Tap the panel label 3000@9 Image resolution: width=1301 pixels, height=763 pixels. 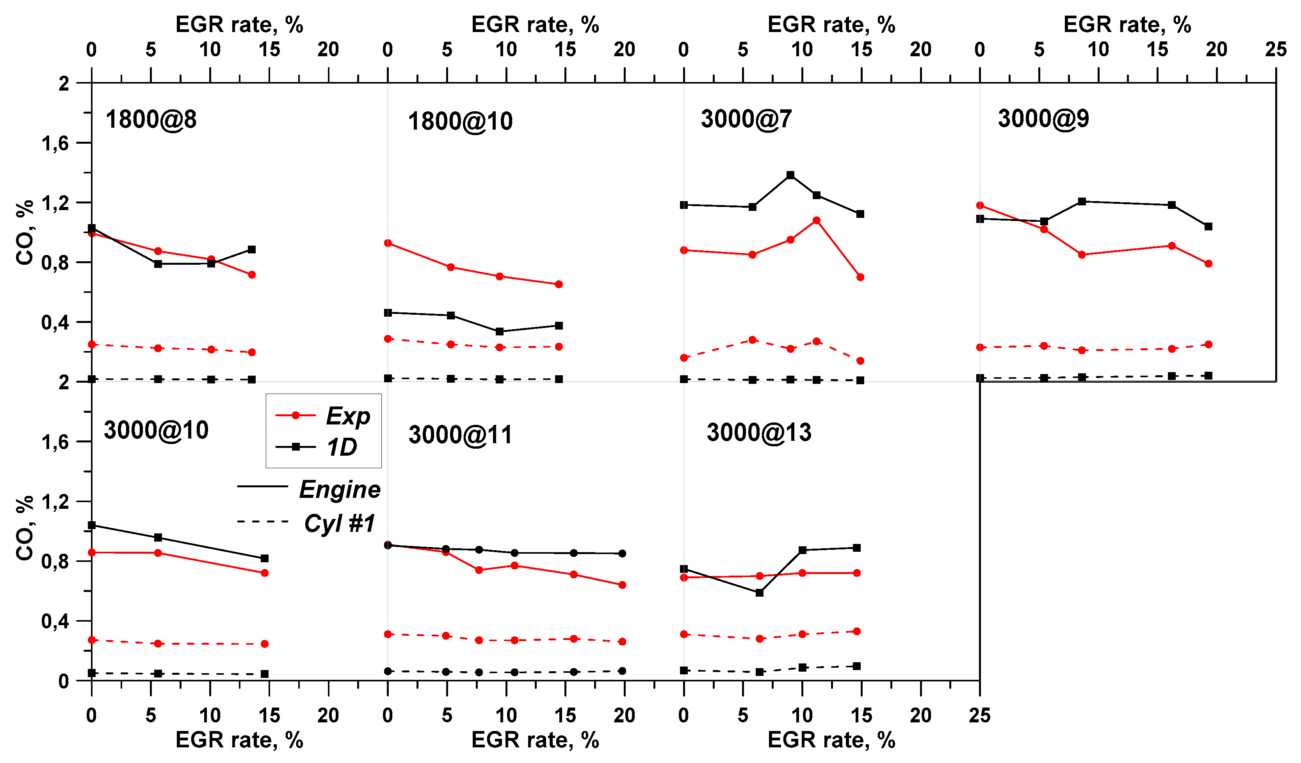pos(1043,119)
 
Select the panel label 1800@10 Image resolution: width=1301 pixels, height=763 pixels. pos(460,121)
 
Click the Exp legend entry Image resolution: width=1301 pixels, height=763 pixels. pos(347,415)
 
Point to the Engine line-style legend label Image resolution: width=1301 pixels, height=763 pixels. pos(339,489)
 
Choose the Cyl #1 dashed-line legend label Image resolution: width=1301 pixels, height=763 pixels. pos(339,523)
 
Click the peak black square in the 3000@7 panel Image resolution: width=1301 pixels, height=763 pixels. pos(790,175)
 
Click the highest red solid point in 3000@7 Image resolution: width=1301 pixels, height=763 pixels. pos(816,221)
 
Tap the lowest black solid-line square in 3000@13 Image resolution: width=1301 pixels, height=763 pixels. pos(759,592)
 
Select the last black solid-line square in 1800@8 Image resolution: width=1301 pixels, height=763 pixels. pos(251,250)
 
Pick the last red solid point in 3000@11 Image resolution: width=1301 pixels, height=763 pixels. pos(622,585)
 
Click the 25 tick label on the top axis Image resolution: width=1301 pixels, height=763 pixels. pos(1276,50)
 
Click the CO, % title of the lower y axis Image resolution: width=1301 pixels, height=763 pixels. pos(24,528)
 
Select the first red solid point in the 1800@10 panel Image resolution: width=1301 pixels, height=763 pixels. pos(388,243)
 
